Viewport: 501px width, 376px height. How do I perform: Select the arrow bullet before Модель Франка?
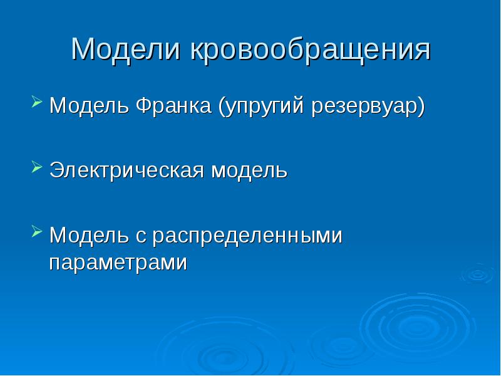tap(37, 101)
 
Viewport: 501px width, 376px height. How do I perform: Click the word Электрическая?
tap(128, 171)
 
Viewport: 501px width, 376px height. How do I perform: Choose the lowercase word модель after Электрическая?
tap(249, 171)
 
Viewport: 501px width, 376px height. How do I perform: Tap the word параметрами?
tap(118, 262)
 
